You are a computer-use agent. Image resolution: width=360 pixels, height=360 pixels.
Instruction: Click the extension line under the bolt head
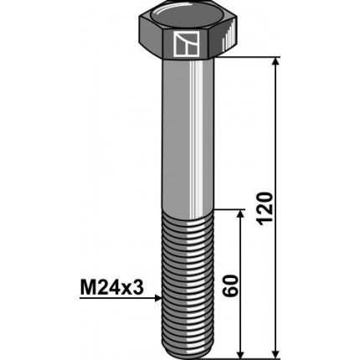251,58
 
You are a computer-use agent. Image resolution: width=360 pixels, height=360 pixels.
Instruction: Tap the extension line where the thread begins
230,211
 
